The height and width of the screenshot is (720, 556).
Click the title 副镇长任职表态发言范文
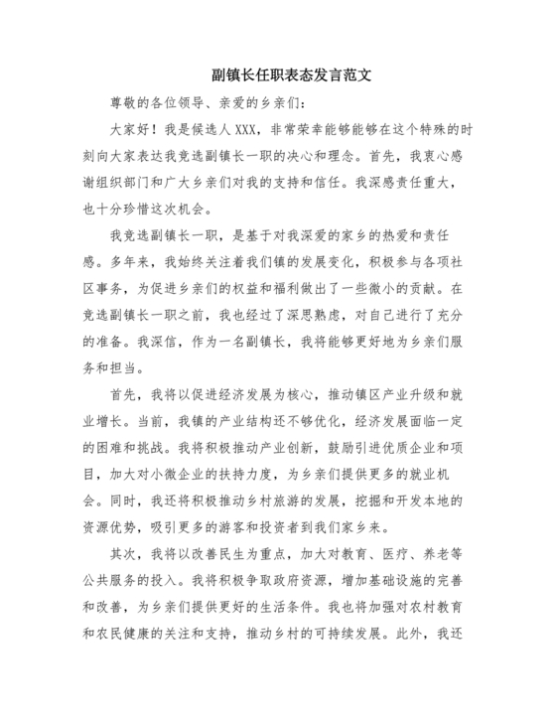[x=277, y=74]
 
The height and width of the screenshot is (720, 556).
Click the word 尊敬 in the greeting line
[x=124, y=101]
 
